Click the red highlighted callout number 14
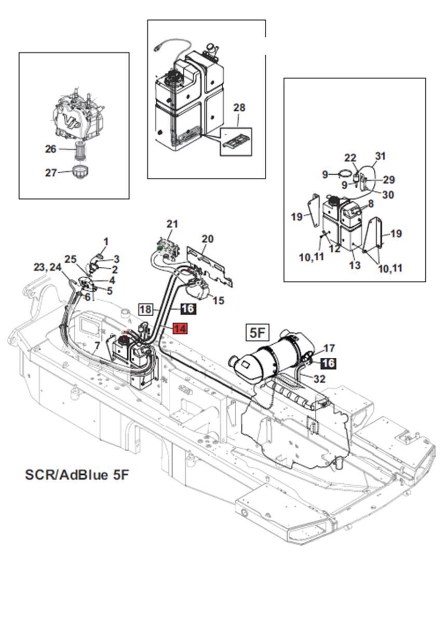[x=179, y=329]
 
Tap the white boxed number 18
[x=146, y=309]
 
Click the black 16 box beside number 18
[x=187, y=309]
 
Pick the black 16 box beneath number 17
[x=328, y=364]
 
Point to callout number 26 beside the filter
[x=50, y=149]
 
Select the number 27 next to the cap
[x=50, y=173]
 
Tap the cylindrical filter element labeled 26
[x=80, y=150]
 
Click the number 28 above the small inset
[x=239, y=108]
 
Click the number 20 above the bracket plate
[x=207, y=239]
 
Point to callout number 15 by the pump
[x=219, y=301]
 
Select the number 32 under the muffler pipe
[x=320, y=379]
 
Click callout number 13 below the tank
[x=355, y=266]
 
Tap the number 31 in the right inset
[x=381, y=156]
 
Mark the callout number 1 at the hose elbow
[x=106, y=241]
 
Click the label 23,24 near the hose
[x=47, y=267]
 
